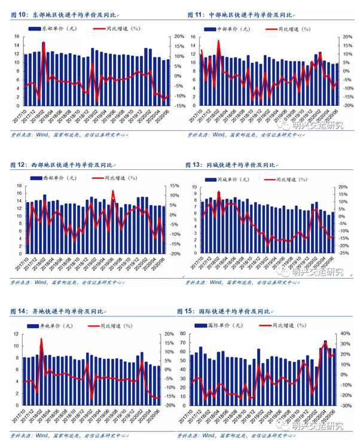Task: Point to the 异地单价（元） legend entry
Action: tap(54, 326)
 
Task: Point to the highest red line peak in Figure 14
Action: tap(41, 339)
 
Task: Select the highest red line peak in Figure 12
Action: tap(113, 191)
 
